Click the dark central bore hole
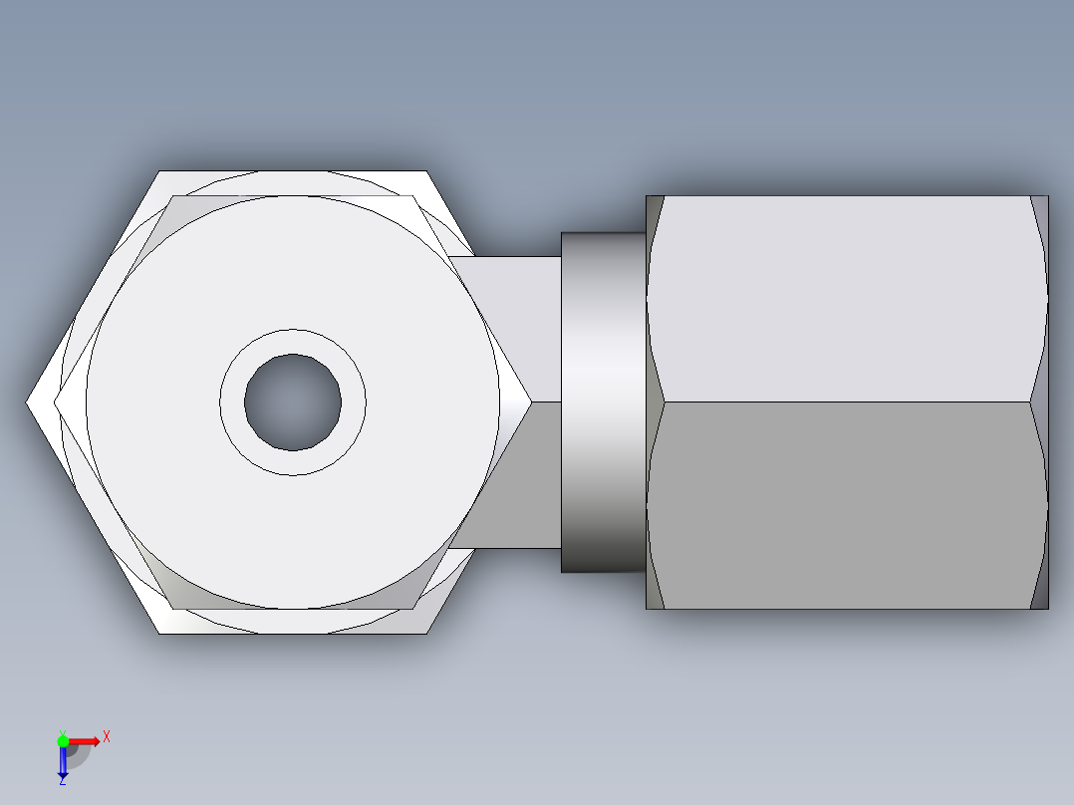[x=293, y=402]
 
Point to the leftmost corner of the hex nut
[x=28, y=402]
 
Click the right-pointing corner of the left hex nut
[x=529, y=402]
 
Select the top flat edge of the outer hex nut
[x=294, y=172]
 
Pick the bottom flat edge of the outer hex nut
[x=294, y=633]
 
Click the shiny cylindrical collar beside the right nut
[x=603, y=402]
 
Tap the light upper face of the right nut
[x=847, y=299]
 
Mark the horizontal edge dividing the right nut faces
[x=847, y=402]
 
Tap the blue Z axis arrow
[x=63, y=763]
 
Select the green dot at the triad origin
[x=63, y=740]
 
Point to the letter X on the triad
[x=107, y=737]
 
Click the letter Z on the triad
[x=63, y=781]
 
